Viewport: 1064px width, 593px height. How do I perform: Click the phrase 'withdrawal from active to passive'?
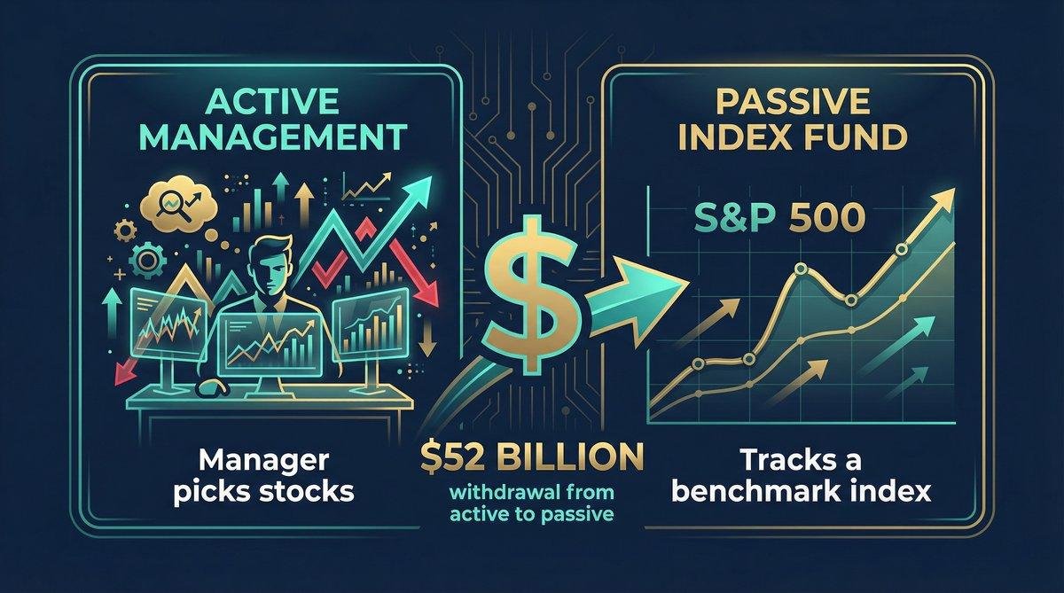[x=532, y=503]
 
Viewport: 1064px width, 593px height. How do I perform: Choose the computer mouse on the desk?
[x=210, y=387]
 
